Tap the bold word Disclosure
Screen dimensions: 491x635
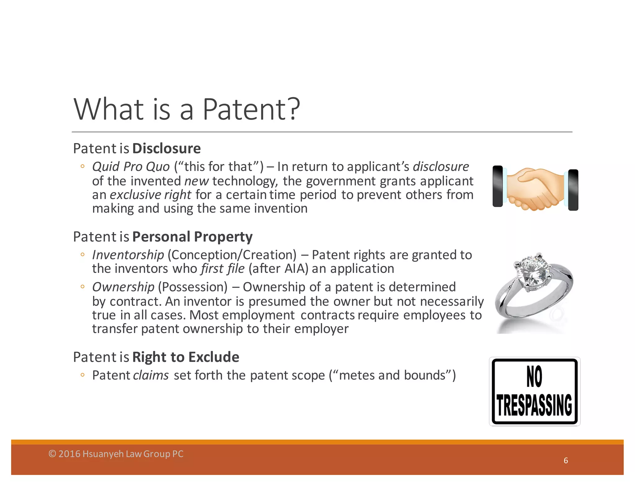pos(167,148)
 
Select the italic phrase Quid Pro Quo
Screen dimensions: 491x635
pos(131,167)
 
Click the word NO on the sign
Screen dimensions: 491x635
pos(534,376)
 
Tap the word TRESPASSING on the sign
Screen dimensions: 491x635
pos(535,405)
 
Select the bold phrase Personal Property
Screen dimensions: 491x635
pos(192,237)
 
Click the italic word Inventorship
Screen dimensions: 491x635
pos(128,255)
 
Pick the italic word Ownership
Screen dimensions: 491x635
pos(123,287)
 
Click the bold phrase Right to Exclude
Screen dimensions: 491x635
pos(186,357)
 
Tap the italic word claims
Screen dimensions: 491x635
pos(151,376)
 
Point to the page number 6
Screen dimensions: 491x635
pos(566,461)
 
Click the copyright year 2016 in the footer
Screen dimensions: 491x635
pos(69,454)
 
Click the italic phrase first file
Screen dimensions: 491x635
pos(223,269)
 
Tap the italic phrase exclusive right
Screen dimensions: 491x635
pos(150,195)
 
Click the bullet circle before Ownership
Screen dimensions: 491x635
pos(82,287)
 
